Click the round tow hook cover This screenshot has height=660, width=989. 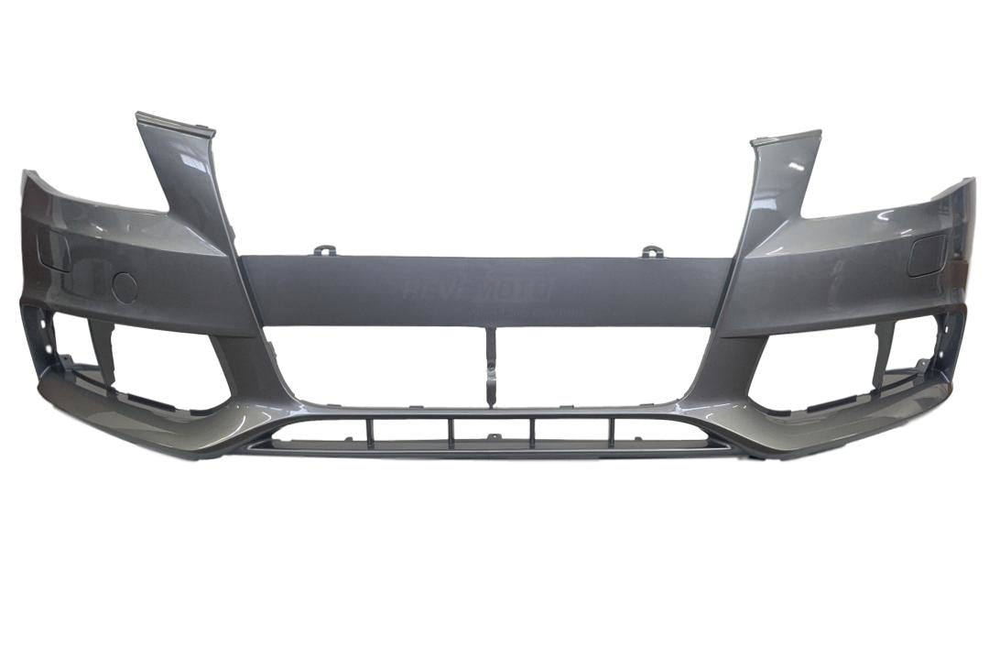pos(125,288)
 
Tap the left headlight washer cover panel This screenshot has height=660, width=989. pos(53,251)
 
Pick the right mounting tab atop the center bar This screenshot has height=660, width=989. pos(650,249)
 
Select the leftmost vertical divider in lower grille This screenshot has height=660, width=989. pos(370,431)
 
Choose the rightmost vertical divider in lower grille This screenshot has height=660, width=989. pos(612,431)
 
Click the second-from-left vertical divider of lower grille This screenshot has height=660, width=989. pos(451,431)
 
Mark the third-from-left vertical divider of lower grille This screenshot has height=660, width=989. pos(532,431)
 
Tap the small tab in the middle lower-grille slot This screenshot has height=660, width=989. pos(493,438)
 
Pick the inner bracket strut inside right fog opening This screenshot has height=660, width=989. pos(884,353)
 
